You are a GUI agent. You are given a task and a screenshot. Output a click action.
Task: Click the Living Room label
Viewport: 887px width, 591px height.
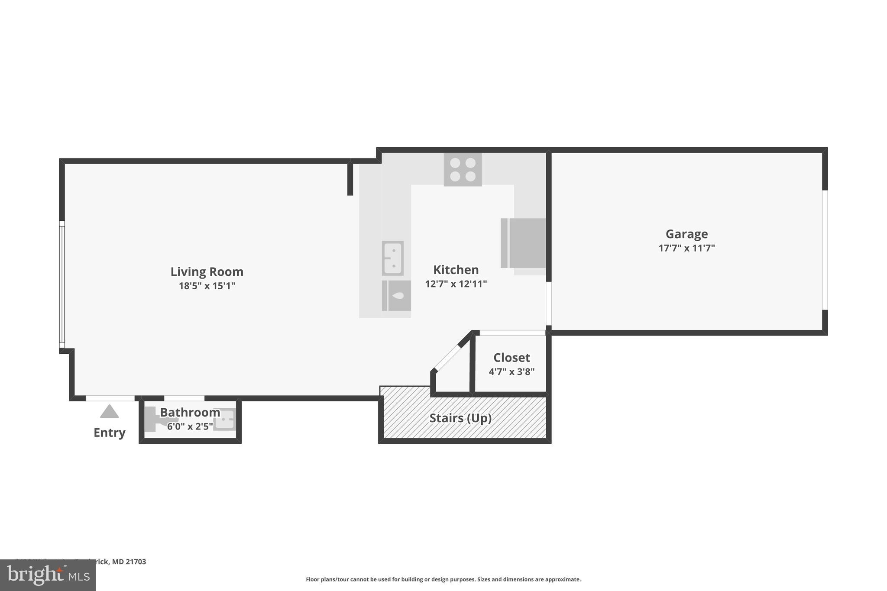point(207,271)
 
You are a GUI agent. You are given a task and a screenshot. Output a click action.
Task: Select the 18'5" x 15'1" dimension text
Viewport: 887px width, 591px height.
point(207,286)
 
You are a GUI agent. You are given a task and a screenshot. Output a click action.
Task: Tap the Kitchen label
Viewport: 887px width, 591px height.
point(456,270)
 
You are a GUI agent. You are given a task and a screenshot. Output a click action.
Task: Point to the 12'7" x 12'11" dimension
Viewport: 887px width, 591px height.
point(456,284)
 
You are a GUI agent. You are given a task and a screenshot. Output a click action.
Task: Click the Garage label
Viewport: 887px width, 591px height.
point(686,234)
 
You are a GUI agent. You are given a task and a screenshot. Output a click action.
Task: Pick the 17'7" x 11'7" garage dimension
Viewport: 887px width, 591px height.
point(686,248)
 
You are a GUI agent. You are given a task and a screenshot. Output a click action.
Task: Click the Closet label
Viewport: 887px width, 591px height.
point(511,358)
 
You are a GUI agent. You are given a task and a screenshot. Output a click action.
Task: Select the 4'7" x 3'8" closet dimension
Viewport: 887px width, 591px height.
point(511,371)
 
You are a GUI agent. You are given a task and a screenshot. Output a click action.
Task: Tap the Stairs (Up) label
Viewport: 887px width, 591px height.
point(460,418)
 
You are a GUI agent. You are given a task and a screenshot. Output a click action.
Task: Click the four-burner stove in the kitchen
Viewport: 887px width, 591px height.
point(463,169)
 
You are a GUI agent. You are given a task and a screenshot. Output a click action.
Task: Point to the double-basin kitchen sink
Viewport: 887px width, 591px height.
point(393,258)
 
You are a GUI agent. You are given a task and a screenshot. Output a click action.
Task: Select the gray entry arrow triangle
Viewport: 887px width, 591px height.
point(109,412)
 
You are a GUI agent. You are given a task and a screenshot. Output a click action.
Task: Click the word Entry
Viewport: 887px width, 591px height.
point(109,433)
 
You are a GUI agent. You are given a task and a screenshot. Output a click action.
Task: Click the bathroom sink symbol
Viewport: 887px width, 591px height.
point(225,419)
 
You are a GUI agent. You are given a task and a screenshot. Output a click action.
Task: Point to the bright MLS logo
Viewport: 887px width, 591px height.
point(48,575)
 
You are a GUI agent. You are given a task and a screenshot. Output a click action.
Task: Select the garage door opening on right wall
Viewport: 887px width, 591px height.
point(825,250)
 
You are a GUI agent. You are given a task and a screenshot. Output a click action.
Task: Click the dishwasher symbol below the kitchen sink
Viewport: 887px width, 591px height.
point(396,296)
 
